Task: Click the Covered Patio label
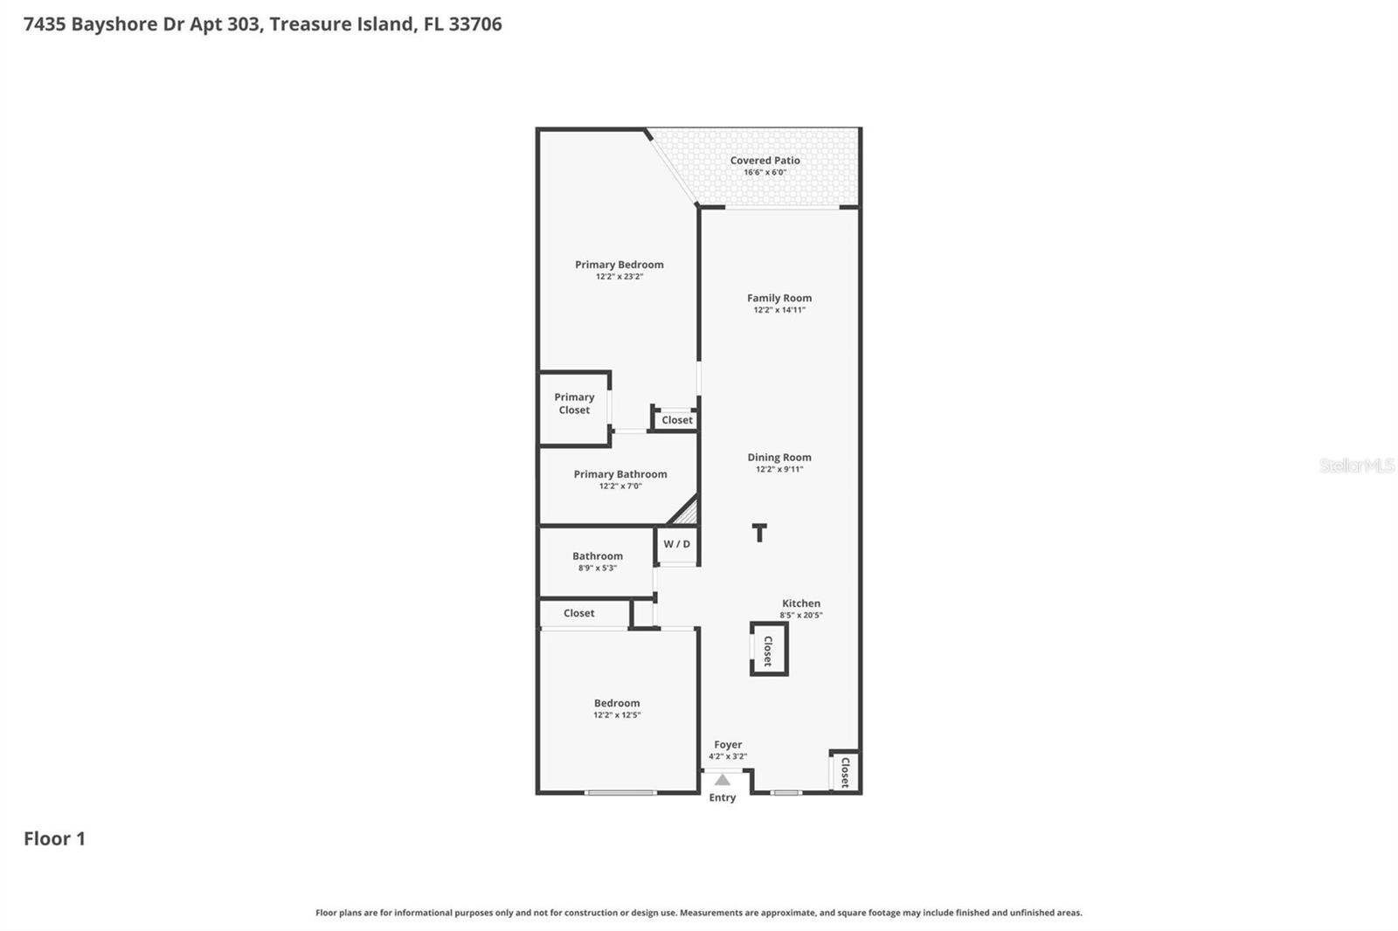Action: [x=765, y=161]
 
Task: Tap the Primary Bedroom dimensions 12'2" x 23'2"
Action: [x=619, y=277]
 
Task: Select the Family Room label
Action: [x=779, y=298]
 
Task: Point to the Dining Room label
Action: [x=779, y=457]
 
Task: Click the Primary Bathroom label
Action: [x=619, y=474]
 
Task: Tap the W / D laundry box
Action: [x=677, y=544]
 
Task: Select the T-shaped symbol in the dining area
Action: [x=759, y=533]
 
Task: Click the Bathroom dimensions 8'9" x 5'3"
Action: [x=598, y=569]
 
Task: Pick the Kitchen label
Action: [x=800, y=603]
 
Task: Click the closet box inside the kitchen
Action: [x=769, y=650]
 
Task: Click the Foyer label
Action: [x=728, y=745]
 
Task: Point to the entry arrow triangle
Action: [x=722, y=780]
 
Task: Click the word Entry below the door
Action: [x=722, y=798]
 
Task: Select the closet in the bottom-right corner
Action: [x=845, y=772]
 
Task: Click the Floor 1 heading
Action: [x=54, y=839]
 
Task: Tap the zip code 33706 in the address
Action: [x=475, y=24]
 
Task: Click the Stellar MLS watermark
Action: [x=1356, y=465]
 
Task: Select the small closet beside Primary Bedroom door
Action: [x=676, y=420]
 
